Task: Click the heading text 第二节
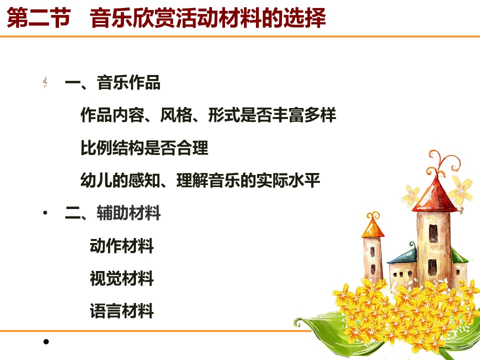click(39, 18)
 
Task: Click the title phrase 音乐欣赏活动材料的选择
click(208, 18)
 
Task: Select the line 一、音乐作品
click(112, 82)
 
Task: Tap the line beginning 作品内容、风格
click(208, 115)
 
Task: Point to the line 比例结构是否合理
click(144, 148)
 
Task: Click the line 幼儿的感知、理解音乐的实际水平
click(200, 180)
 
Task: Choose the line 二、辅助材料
click(112, 213)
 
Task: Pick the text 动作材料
click(122, 246)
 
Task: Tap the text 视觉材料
click(122, 278)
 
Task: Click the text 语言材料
click(122, 311)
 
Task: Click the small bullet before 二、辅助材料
click(45, 213)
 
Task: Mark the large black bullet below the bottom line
click(46, 341)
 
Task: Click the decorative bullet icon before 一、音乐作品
click(45, 82)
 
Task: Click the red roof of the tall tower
click(434, 196)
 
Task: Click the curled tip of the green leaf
click(297, 322)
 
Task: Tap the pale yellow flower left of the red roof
click(411, 194)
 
